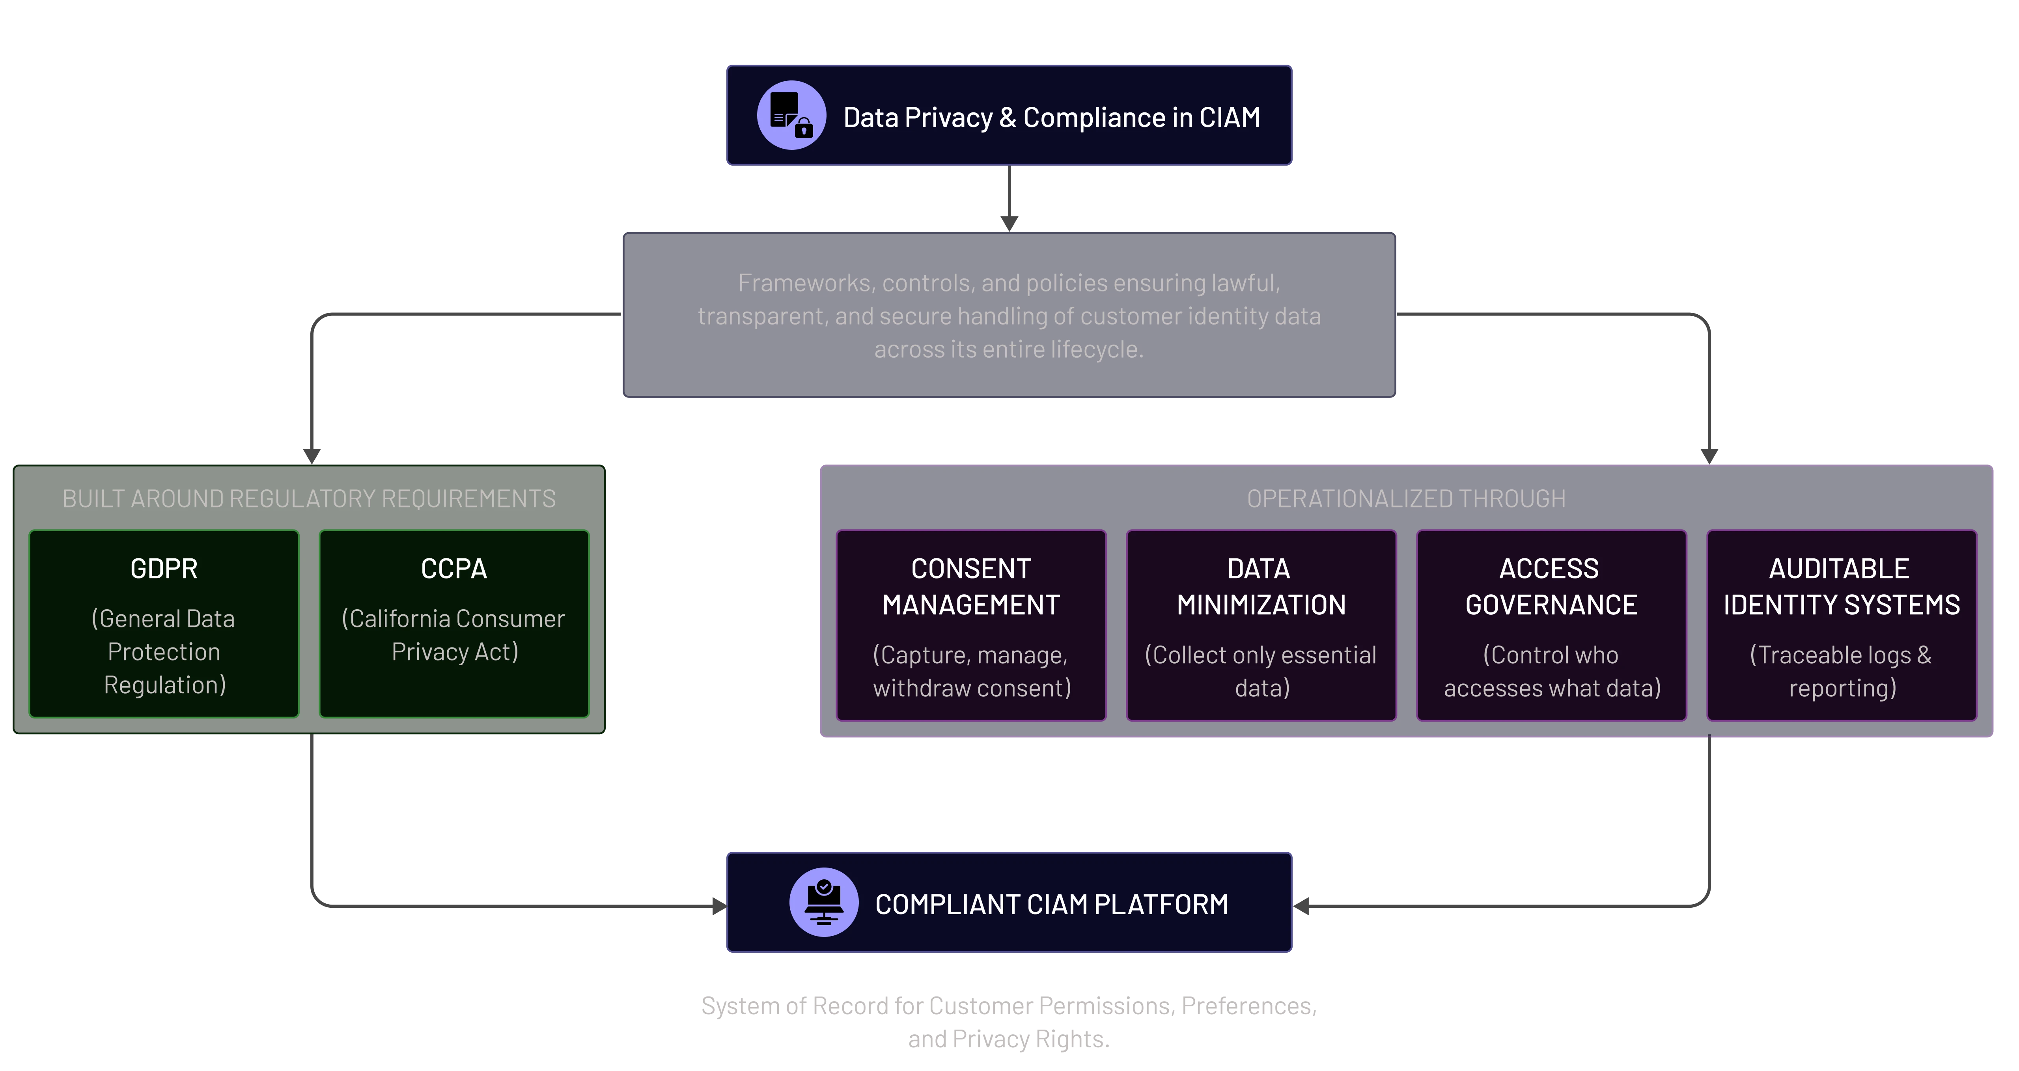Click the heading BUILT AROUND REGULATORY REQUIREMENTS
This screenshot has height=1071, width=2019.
click(x=309, y=499)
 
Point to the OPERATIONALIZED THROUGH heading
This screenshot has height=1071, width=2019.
click(x=1406, y=499)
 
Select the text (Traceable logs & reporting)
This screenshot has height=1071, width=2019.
click(x=1841, y=671)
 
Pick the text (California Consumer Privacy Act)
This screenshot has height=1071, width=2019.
click(x=454, y=635)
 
